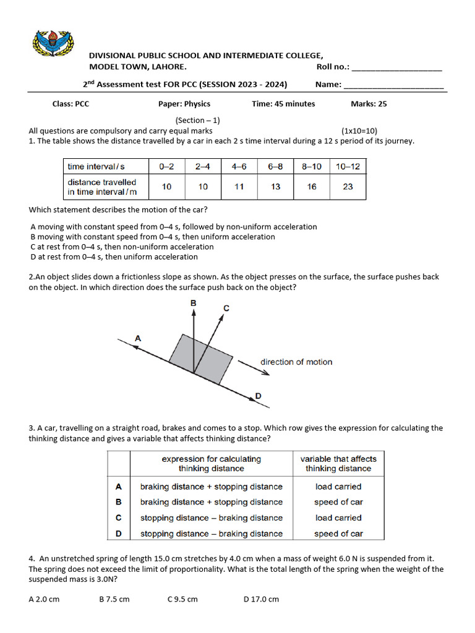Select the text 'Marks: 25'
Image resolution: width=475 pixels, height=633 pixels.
click(x=369, y=104)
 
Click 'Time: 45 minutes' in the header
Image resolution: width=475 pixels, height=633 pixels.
click(x=283, y=104)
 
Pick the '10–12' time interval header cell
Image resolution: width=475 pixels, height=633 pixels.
click(x=348, y=166)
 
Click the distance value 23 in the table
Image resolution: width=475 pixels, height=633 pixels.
click(x=348, y=187)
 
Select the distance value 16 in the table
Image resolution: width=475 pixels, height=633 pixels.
click(x=312, y=187)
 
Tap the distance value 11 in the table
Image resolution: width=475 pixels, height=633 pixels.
click(x=239, y=187)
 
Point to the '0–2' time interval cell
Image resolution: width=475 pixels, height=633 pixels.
click(x=167, y=166)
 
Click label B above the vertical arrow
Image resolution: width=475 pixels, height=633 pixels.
click(x=194, y=303)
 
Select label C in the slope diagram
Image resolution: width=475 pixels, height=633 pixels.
click(x=226, y=308)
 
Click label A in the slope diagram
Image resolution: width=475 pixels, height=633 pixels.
click(x=138, y=338)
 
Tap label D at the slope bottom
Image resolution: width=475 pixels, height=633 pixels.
click(x=258, y=396)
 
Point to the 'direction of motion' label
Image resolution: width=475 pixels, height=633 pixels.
click(x=296, y=362)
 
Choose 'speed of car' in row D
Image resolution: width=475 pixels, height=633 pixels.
click(x=338, y=533)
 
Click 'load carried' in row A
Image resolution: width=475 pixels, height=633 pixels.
click(x=338, y=486)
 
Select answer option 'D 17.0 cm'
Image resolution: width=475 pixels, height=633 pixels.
click(x=261, y=599)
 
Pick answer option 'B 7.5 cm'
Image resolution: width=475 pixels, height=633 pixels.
click(x=114, y=599)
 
